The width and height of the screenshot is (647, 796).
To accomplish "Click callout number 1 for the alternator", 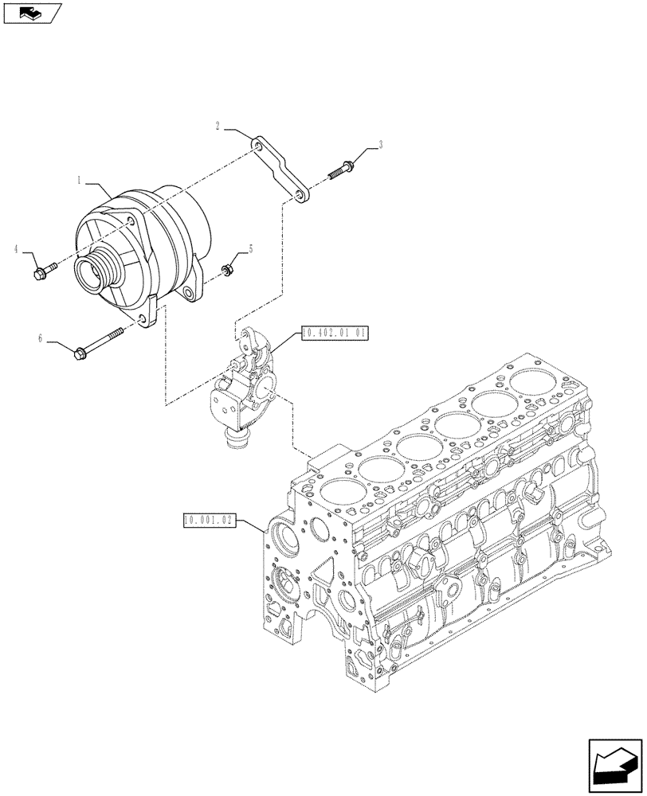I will [80, 181].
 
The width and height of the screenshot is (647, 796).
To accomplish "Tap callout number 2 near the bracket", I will [217, 125].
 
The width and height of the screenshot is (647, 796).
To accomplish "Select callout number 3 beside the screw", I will [380, 145].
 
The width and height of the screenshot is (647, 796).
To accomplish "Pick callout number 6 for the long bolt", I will [39, 338].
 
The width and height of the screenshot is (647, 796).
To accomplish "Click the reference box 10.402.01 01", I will [334, 334].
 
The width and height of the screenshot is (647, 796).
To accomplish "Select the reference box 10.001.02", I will [206, 521].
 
